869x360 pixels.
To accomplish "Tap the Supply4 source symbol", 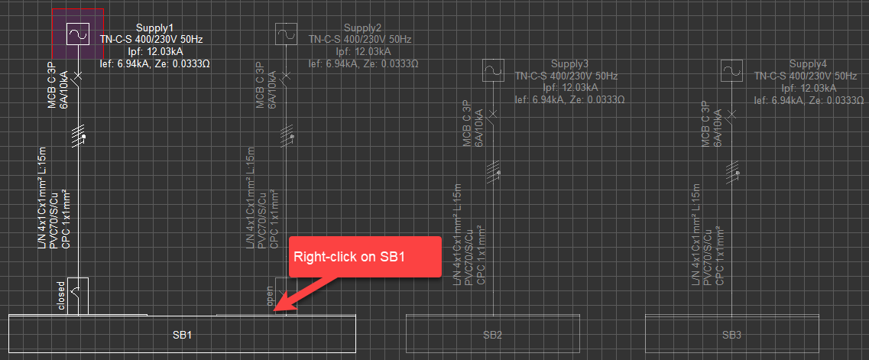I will pyautogui.click(x=733, y=71).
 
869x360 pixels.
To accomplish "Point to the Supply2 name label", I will pyautogui.click(x=362, y=28).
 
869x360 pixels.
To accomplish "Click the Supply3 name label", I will pyautogui.click(x=569, y=64).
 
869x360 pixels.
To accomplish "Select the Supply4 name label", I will pyautogui.click(x=808, y=64).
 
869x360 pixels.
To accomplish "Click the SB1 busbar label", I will pyautogui.click(x=181, y=336).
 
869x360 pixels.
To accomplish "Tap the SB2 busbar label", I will pyautogui.click(x=493, y=336).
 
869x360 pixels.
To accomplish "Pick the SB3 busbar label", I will pyautogui.click(x=731, y=336).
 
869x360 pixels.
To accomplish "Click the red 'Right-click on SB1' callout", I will pyautogui.click(x=365, y=257).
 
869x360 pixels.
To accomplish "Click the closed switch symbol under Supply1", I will pyautogui.click(x=78, y=294).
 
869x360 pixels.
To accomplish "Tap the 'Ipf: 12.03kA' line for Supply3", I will pyautogui.click(x=569, y=87).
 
